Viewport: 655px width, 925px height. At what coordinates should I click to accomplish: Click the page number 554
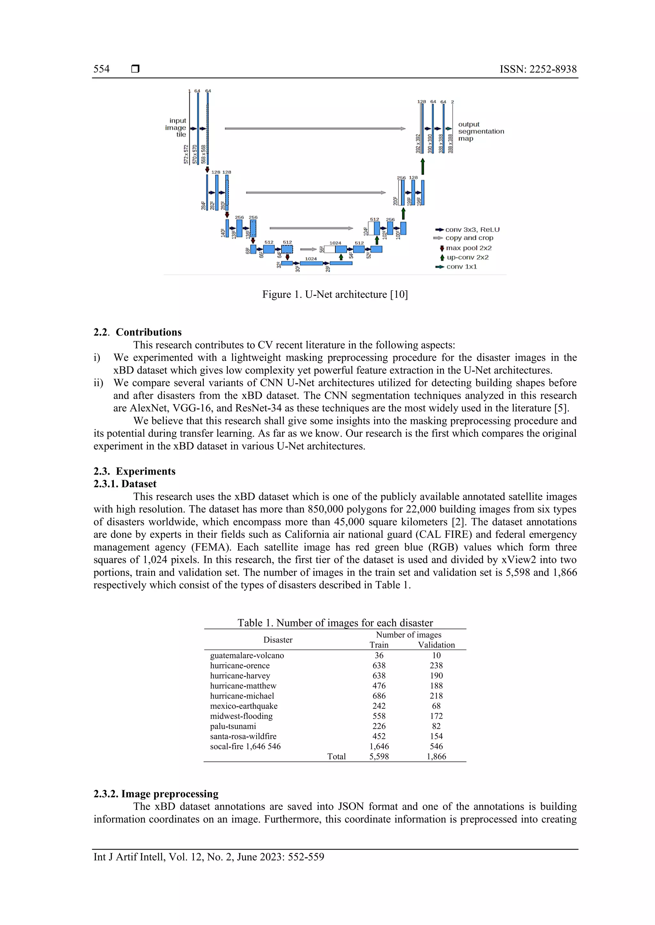(101, 69)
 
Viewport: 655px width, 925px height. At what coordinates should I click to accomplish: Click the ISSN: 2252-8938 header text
(538, 69)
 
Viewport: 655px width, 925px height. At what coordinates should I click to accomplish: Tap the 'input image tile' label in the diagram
(177, 127)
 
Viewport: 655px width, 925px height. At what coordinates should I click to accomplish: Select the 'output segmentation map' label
(480, 131)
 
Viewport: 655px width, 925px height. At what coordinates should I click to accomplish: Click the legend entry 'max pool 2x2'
(468, 248)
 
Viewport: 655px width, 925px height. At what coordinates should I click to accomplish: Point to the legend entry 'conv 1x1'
(461, 267)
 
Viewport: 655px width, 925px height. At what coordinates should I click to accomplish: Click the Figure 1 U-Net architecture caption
(335, 294)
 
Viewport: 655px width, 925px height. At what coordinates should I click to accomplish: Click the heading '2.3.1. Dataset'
(125, 484)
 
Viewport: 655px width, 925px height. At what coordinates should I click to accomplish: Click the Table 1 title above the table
(335, 623)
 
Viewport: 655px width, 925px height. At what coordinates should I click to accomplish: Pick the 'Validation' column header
(436, 645)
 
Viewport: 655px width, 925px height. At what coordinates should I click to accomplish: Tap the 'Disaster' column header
(278, 640)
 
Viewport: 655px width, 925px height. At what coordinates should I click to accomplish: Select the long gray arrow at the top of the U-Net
(315, 128)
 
